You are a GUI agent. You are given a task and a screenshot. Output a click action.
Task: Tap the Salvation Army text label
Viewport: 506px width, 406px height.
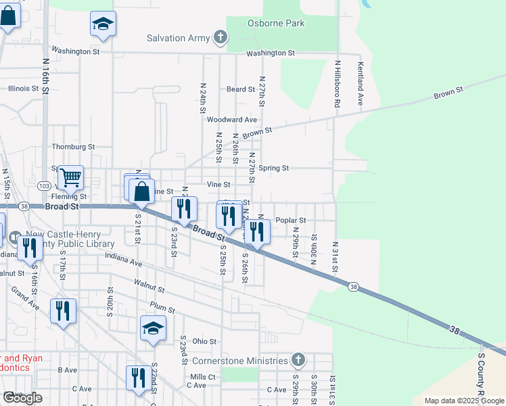coord(179,38)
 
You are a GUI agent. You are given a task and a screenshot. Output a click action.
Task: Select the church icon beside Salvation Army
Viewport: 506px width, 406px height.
coord(220,38)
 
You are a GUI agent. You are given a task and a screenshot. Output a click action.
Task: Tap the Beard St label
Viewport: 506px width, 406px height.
coord(240,89)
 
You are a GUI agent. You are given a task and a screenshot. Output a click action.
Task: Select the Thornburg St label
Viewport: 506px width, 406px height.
coord(73,146)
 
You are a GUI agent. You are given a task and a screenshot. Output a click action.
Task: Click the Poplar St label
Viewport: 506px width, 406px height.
coord(292,221)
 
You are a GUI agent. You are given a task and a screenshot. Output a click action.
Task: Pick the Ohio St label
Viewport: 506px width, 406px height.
coord(204,342)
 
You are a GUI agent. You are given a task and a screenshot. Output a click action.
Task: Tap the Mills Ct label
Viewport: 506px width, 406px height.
coord(203,377)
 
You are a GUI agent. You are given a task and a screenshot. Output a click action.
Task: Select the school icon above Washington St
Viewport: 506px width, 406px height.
coord(103,24)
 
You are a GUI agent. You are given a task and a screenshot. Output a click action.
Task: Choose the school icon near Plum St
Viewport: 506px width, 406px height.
coord(153,329)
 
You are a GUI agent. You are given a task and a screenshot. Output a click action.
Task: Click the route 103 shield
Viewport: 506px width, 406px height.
coord(45,185)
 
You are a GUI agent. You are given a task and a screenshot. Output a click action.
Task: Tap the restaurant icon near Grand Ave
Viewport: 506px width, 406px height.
coord(63,311)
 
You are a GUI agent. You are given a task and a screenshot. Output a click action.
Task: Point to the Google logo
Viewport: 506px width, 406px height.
coord(22,398)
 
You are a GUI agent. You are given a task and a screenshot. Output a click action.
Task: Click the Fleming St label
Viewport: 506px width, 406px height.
coord(69,196)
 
